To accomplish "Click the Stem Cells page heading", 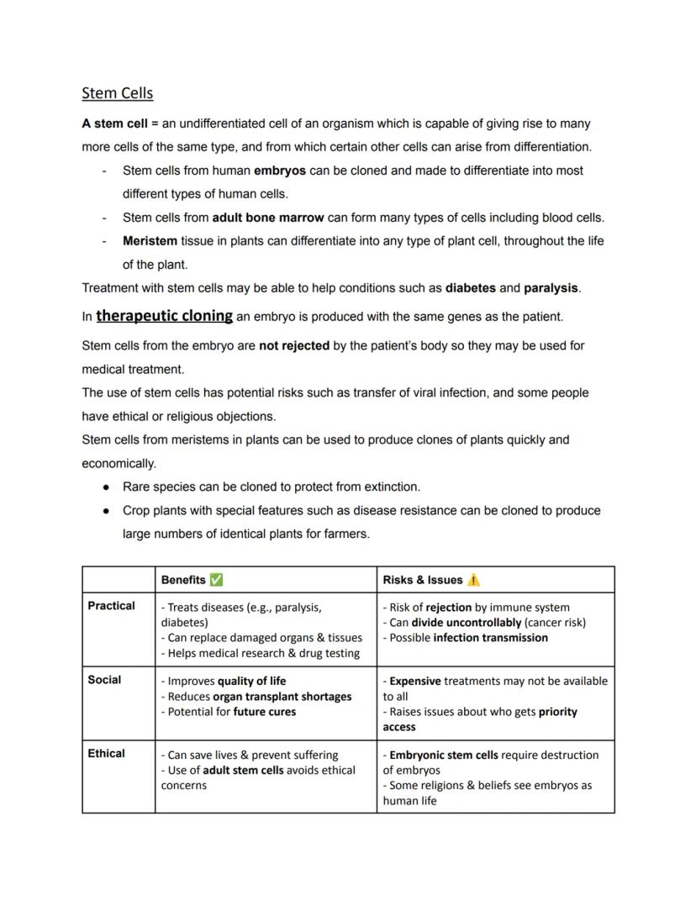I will pos(118,92).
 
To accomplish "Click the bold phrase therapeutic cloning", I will pos(164,316).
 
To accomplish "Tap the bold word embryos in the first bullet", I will pos(279,171).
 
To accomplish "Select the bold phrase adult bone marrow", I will pos(267,218).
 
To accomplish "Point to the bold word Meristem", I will pos(150,241).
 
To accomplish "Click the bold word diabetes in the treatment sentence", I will pos(470,288).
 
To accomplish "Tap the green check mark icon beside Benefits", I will pos(216,580).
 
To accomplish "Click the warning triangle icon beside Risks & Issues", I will pos(473,580).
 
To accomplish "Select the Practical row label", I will pos(111,606).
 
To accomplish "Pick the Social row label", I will pos(104,680).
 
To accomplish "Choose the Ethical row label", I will pos(106,754).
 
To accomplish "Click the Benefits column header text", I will pos(183,580).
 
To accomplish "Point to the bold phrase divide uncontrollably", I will pos(466,623).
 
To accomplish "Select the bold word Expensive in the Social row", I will pos(414,682).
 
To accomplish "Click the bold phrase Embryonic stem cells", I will pos(444,755).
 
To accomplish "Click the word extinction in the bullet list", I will pos(392,487).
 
